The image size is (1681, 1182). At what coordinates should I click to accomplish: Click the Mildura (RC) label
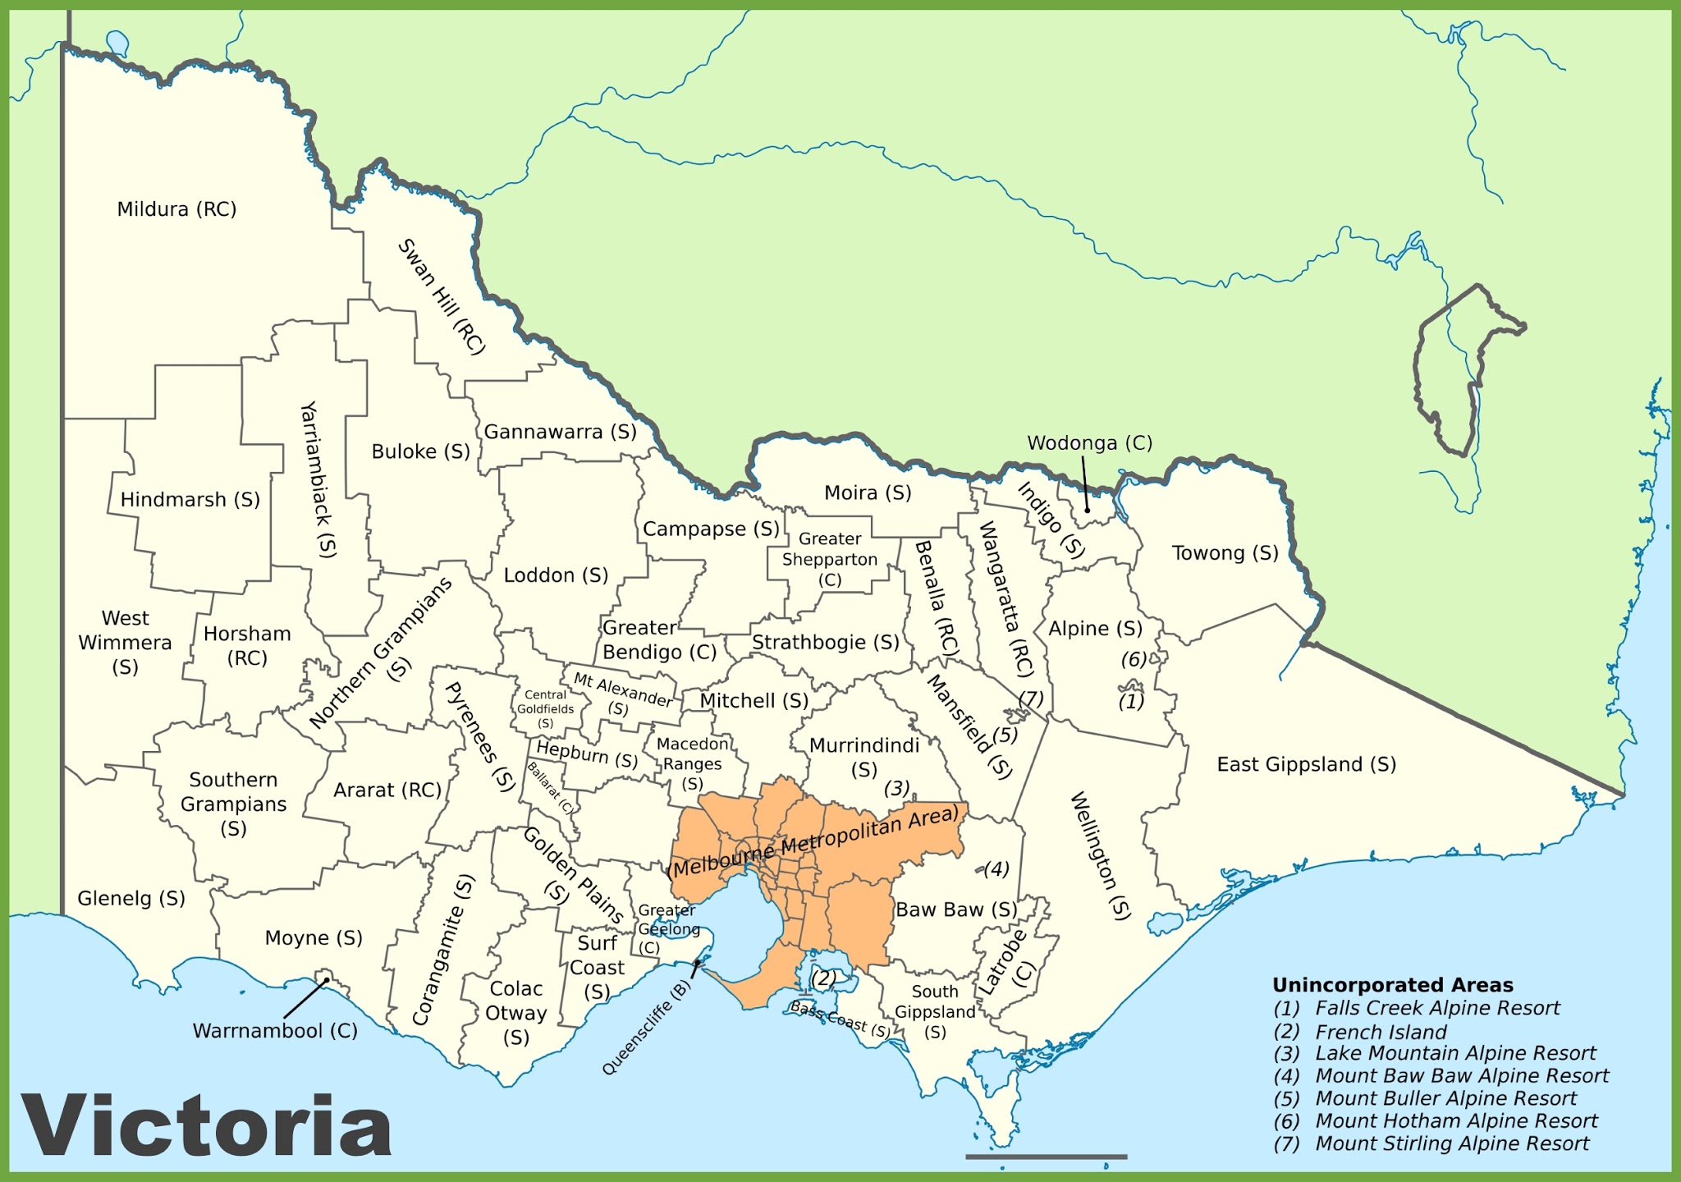click(x=176, y=209)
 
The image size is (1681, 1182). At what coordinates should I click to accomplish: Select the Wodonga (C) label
click(x=1089, y=443)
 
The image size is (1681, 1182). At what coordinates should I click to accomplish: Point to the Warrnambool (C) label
click(x=275, y=1030)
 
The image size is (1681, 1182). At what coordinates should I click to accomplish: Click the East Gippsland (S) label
click(x=1306, y=764)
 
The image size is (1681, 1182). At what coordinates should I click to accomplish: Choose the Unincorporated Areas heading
click(x=1392, y=985)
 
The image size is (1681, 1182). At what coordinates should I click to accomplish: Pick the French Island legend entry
click(x=1381, y=1032)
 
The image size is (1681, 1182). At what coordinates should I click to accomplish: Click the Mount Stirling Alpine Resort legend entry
click(x=1452, y=1143)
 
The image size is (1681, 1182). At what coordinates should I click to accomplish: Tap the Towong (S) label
click(x=1225, y=553)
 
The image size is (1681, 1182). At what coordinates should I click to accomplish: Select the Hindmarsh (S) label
click(x=190, y=500)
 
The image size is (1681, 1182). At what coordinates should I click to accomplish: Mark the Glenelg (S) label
click(x=131, y=898)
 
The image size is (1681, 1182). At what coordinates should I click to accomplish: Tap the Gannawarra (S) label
click(x=560, y=432)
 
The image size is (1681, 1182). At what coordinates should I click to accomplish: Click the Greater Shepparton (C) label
click(x=830, y=559)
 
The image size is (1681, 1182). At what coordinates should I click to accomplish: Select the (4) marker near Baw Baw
click(x=996, y=868)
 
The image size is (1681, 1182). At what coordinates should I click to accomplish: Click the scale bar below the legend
click(x=1046, y=1157)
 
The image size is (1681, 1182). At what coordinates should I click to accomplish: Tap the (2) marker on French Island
click(x=823, y=978)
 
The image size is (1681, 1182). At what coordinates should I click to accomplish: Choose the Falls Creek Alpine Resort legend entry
click(x=1437, y=1008)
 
